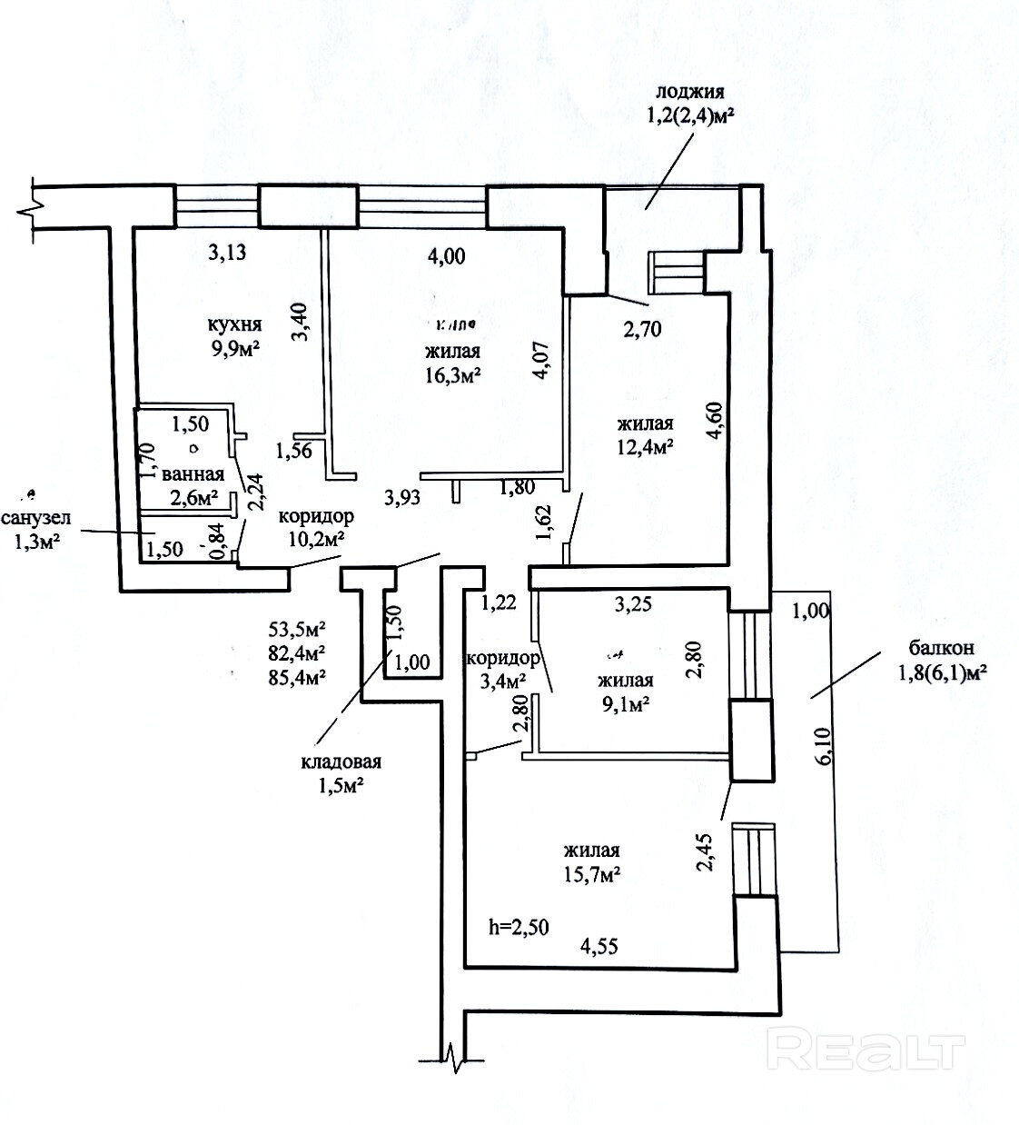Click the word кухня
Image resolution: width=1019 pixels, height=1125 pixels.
pos(234,324)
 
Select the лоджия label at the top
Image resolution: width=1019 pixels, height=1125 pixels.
pos(689,92)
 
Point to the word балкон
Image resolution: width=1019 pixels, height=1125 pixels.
pos(941,648)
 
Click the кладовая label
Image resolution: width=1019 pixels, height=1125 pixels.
pos(341,762)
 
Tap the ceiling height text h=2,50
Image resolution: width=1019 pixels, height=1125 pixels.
pos(519,927)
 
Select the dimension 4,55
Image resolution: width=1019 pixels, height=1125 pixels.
pos(599,946)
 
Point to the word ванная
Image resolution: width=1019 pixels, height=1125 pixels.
pos(193,474)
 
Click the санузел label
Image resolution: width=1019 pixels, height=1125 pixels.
pos(36,520)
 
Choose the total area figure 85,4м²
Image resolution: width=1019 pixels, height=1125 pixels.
pos(297,675)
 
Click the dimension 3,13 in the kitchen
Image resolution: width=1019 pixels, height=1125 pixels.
pos(227,254)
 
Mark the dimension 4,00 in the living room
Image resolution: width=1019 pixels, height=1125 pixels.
pos(446,256)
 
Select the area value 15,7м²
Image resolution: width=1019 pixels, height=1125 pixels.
pos(591,874)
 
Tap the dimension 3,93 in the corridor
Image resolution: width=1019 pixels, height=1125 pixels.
pos(403,497)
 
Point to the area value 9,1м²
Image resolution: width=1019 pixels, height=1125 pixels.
pos(625,703)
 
